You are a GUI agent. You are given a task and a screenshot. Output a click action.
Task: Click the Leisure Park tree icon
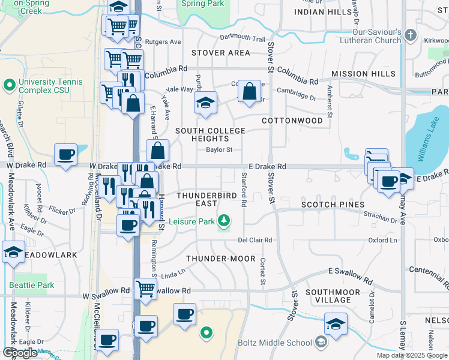(224, 221)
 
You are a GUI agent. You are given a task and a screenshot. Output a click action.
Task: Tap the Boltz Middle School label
(274, 343)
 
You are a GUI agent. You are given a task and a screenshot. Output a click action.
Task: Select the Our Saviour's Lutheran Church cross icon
(411, 35)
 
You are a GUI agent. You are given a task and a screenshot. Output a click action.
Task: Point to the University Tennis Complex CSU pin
(8, 85)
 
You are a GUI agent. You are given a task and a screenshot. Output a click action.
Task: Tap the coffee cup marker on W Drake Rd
(65, 155)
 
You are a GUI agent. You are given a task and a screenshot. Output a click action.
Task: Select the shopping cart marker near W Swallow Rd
(146, 289)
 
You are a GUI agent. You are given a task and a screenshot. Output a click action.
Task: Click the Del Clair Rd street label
(255, 240)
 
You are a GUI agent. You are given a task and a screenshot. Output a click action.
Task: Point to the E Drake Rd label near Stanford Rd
(267, 167)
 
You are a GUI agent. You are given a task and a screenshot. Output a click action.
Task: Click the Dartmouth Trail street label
(242, 38)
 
